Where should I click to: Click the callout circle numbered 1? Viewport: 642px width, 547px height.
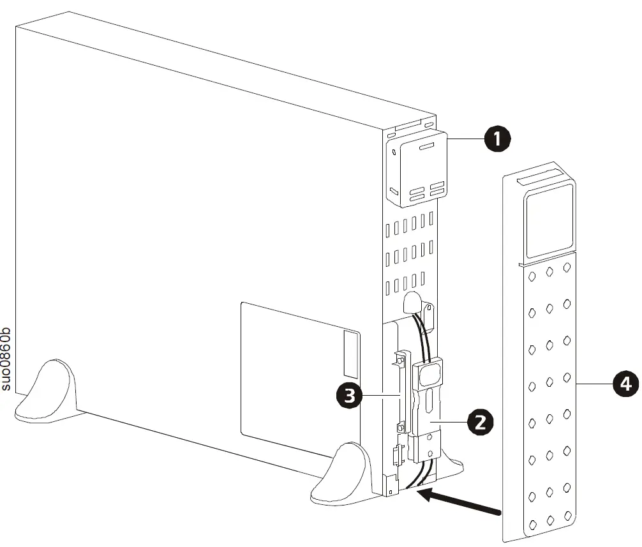[498, 139]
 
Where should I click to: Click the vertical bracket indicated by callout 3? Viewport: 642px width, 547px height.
[400, 396]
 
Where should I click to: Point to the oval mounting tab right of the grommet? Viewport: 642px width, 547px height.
[429, 315]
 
